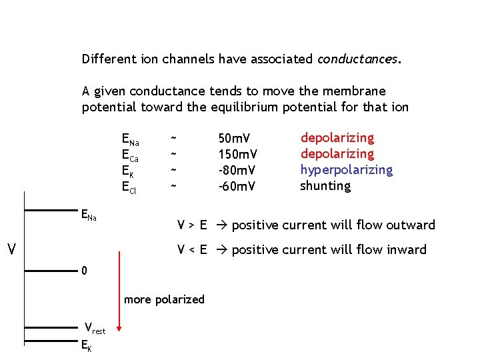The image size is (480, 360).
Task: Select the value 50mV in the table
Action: tap(235, 139)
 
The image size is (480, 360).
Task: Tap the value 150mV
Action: tap(238, 155)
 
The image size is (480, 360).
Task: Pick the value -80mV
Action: tap(237, 171)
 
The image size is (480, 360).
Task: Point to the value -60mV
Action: tap(237, 187)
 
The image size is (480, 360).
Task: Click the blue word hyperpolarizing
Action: tap(346, 171)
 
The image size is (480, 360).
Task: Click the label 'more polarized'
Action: tap(164, 299)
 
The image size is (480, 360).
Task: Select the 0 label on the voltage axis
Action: tap(84, 271)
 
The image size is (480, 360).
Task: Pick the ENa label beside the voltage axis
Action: tap(88, 215)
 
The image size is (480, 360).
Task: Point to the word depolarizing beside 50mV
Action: tap(337, 138)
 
